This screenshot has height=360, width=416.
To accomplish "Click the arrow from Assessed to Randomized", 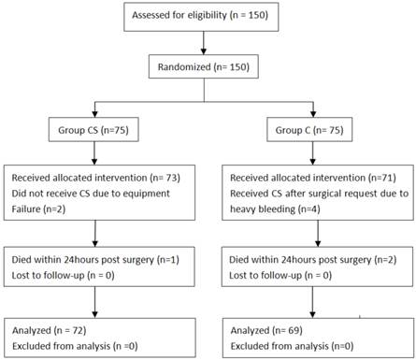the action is [x=204, y=43].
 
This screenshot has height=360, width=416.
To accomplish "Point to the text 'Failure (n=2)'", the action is [x=38, y=209].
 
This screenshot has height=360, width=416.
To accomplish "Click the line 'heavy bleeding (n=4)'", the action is [x=275, y=209].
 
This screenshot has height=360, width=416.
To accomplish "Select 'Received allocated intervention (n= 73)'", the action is [x=96, y=178].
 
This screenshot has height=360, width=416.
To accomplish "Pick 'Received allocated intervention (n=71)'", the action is [x=313, y=178].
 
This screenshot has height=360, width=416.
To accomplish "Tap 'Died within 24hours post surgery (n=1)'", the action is [x=95, y=260].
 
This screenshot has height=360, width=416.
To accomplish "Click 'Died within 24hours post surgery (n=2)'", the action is [x=313, y=260].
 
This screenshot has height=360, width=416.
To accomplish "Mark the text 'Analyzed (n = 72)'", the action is [x=50, y=330].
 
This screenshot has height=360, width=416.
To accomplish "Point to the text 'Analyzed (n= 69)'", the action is [x=266, y=330].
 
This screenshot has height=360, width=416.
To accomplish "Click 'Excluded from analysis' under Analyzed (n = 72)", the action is [x=62, y=346].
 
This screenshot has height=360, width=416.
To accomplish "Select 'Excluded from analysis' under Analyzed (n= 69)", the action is [x=280, y=346].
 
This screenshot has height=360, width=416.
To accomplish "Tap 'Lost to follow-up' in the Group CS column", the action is [x=48, y=275].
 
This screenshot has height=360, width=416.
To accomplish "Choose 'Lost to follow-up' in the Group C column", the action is [x=265, y=275].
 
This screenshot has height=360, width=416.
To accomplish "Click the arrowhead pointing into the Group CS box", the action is [x=95, y=114].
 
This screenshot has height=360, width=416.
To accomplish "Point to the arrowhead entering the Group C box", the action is [x=313, y=114].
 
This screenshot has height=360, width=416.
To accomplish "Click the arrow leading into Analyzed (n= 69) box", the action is [x=312, y=302].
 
